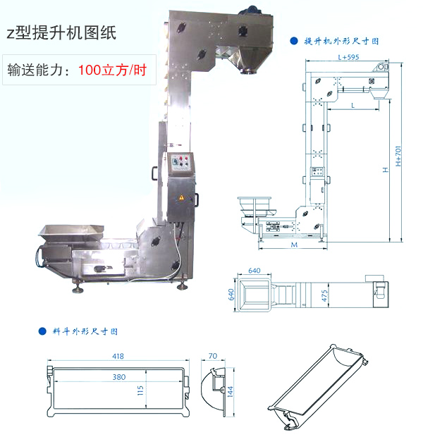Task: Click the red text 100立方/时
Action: (112, 70)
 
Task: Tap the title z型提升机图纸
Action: (61, 32)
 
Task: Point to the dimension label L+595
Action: (348, 57)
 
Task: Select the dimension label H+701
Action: (398, 156)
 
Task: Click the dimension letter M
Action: (294, 245)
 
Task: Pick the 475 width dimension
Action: (324, 295)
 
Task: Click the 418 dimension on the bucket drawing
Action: (118, 356)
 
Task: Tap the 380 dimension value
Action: (119, 377)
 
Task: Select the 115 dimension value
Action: (140, 390)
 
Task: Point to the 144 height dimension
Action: (231, 392)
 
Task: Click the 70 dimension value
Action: (213, 356)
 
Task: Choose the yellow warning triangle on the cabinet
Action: (181, 197)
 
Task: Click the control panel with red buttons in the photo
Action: (181, 163)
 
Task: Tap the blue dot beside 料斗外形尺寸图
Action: (42, 331)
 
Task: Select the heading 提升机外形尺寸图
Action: (342, 42)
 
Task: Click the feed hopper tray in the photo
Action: (71, 232)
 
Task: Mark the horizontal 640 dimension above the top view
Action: (255, 271)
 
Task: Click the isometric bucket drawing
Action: (318, 387)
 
